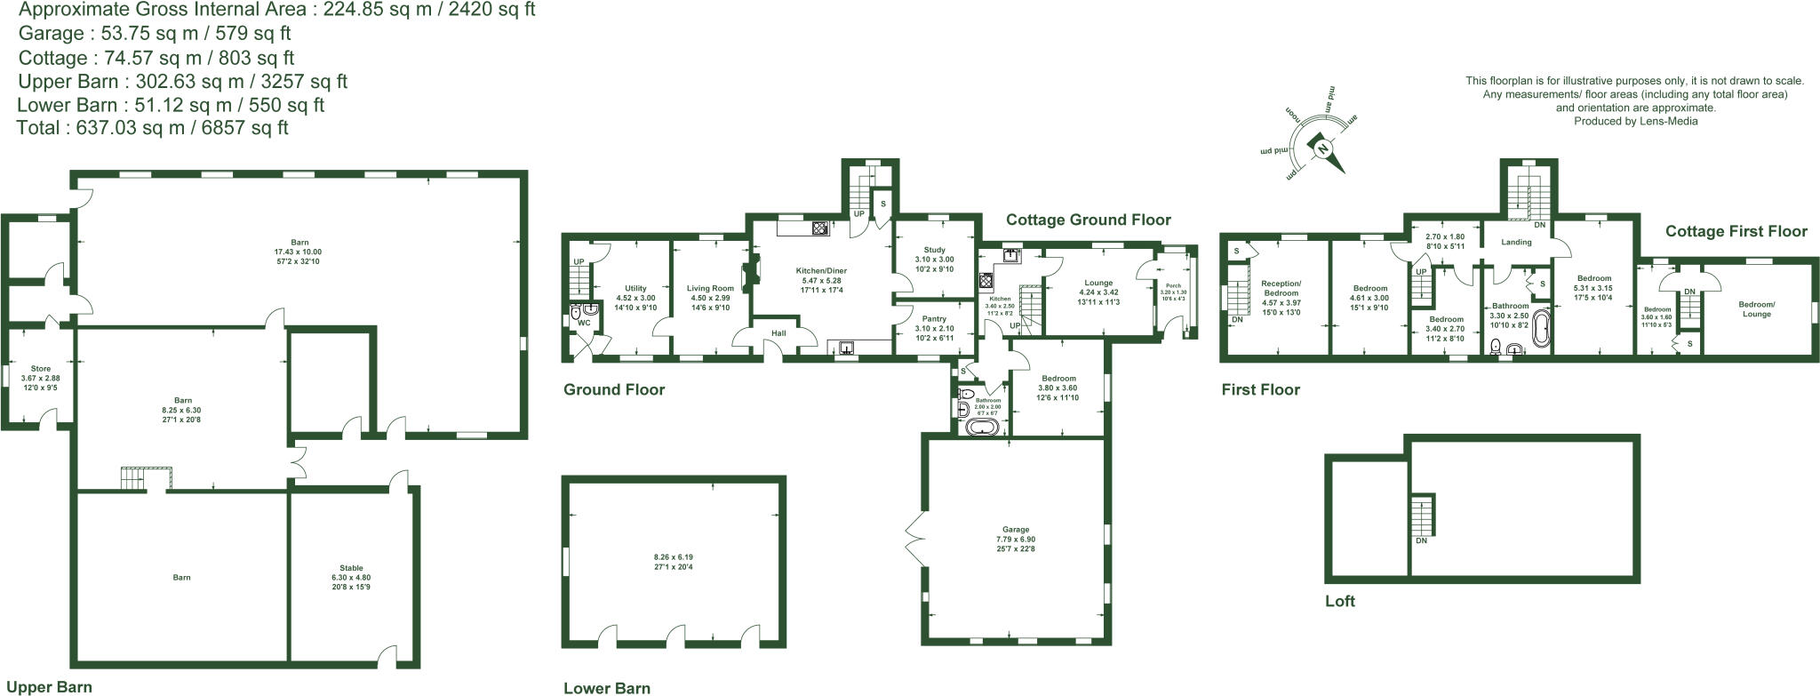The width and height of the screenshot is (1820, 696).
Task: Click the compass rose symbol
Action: [1321, 148]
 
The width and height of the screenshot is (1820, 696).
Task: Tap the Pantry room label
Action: [934, 319]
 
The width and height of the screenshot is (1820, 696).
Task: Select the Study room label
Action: [934, 251]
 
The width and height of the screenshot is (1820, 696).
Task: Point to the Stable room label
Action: [351, 568]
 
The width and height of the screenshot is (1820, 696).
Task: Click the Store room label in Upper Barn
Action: [40, 368]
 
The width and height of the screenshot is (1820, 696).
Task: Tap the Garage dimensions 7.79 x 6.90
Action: [1016, 540]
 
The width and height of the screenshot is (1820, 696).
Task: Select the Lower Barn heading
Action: [607, 688]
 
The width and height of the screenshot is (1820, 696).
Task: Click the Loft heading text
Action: [1339, 601]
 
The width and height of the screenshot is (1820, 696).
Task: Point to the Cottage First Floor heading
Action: [1736, 231]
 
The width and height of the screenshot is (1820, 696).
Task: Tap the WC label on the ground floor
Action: [584, 323]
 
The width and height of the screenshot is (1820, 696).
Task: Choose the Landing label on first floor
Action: [1516, 242]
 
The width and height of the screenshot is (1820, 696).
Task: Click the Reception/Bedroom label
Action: [1281, 288]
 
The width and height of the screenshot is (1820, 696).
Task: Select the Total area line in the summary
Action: [153, 128]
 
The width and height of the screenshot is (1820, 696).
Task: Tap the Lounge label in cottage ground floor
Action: [1098, 283]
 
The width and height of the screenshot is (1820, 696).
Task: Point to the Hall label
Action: [778, 333]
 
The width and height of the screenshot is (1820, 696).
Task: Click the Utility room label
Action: [635, 288]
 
